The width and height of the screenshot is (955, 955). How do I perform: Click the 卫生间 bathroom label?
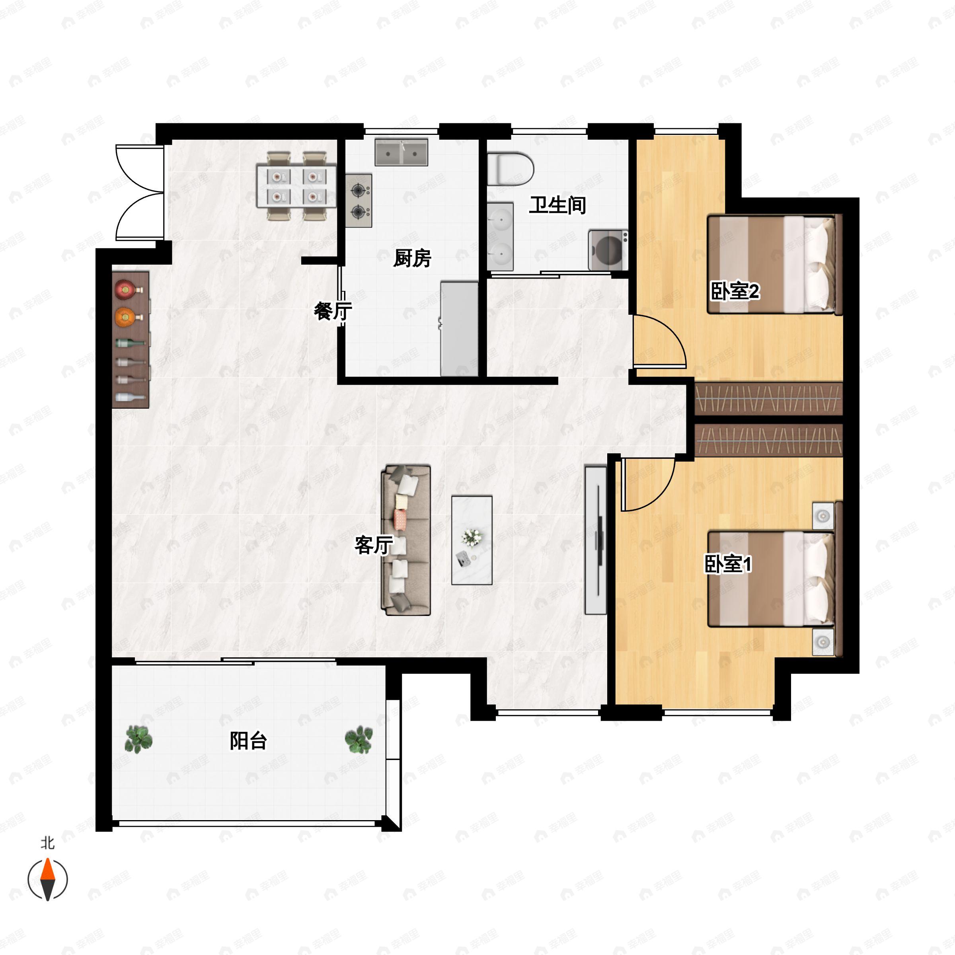(x=557, y=205)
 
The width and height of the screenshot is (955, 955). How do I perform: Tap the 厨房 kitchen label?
(x=412, y=258)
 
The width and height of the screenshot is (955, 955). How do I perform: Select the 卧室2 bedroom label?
(x=735, y=291)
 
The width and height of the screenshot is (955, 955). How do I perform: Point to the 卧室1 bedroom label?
(x=728, y=564)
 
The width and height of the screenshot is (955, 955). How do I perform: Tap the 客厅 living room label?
(x=374, y=545)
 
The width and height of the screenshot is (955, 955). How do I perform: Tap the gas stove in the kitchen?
(x=359, y=201)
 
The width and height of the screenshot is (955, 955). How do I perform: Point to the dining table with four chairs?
(x=296, y=185)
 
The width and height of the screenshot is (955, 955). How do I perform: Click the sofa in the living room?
(x=406, y=540)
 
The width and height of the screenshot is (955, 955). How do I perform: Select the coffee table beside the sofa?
(x=472, y=540)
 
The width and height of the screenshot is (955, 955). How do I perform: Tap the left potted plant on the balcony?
(x=139, y=739)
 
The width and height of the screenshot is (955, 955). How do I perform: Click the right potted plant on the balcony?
(x=359, y=739)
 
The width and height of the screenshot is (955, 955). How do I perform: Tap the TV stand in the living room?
(x=596, y=540)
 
